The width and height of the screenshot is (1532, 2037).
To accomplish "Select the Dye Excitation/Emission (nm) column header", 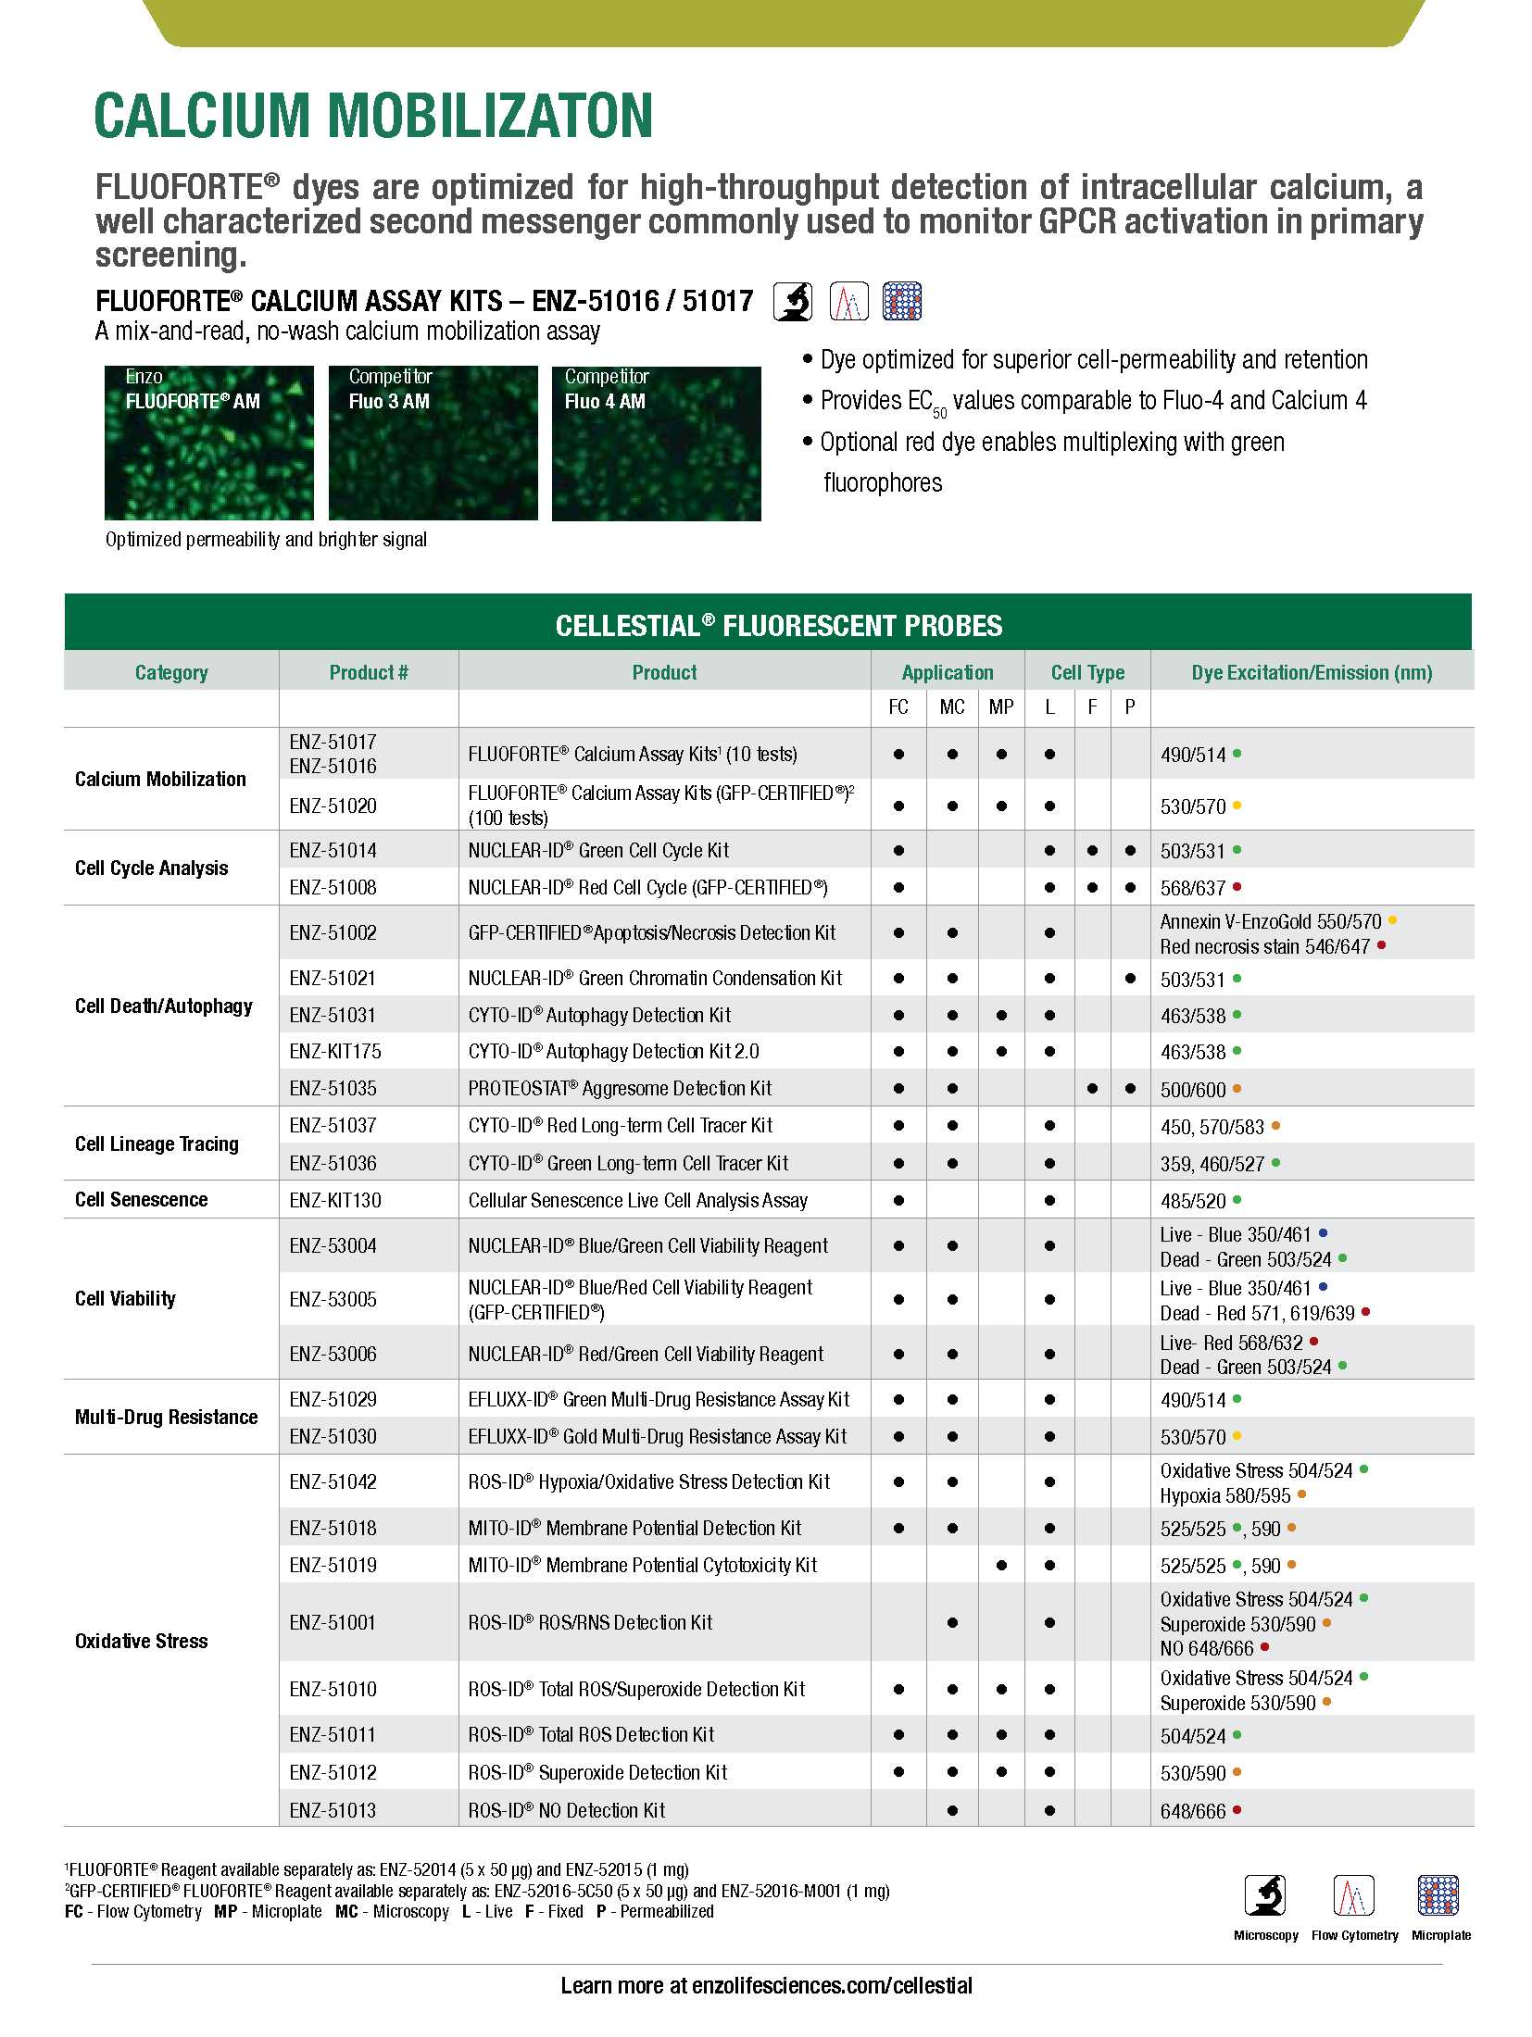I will pos(1311,673).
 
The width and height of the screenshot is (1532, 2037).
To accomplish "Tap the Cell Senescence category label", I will pos(141,1200).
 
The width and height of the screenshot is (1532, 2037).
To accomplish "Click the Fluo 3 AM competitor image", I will pos(433,443).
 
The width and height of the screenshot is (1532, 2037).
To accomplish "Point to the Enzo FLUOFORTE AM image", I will pos(208,443).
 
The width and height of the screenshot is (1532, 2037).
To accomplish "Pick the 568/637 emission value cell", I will pos(1193,888).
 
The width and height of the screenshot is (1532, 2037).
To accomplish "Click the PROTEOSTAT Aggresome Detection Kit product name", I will pos(620,1089).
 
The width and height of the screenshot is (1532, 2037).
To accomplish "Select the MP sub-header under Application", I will pos(1000,707).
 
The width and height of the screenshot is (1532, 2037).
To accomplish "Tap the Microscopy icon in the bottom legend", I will pos(1264,1895).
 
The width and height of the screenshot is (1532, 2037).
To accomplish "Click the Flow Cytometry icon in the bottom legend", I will pos(1353,1895).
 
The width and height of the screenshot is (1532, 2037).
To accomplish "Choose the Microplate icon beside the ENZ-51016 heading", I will pos(901,301).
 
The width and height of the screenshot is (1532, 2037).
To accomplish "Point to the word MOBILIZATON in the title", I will pos(490,116).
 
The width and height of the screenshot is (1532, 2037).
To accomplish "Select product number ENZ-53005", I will pos(333,1300).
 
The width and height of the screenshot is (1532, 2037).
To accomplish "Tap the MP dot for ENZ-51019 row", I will pos(1001,1566).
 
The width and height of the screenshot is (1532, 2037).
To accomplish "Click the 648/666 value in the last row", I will pos(1193,1811).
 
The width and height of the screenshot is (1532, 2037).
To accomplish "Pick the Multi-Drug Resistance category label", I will pos(166,1418).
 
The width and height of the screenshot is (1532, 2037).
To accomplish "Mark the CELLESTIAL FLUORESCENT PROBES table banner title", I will pos(778,626).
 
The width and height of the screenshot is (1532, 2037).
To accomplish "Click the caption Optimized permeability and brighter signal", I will pos(266,540).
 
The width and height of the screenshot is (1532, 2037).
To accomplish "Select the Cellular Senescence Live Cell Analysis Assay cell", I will pos(637,1201).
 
